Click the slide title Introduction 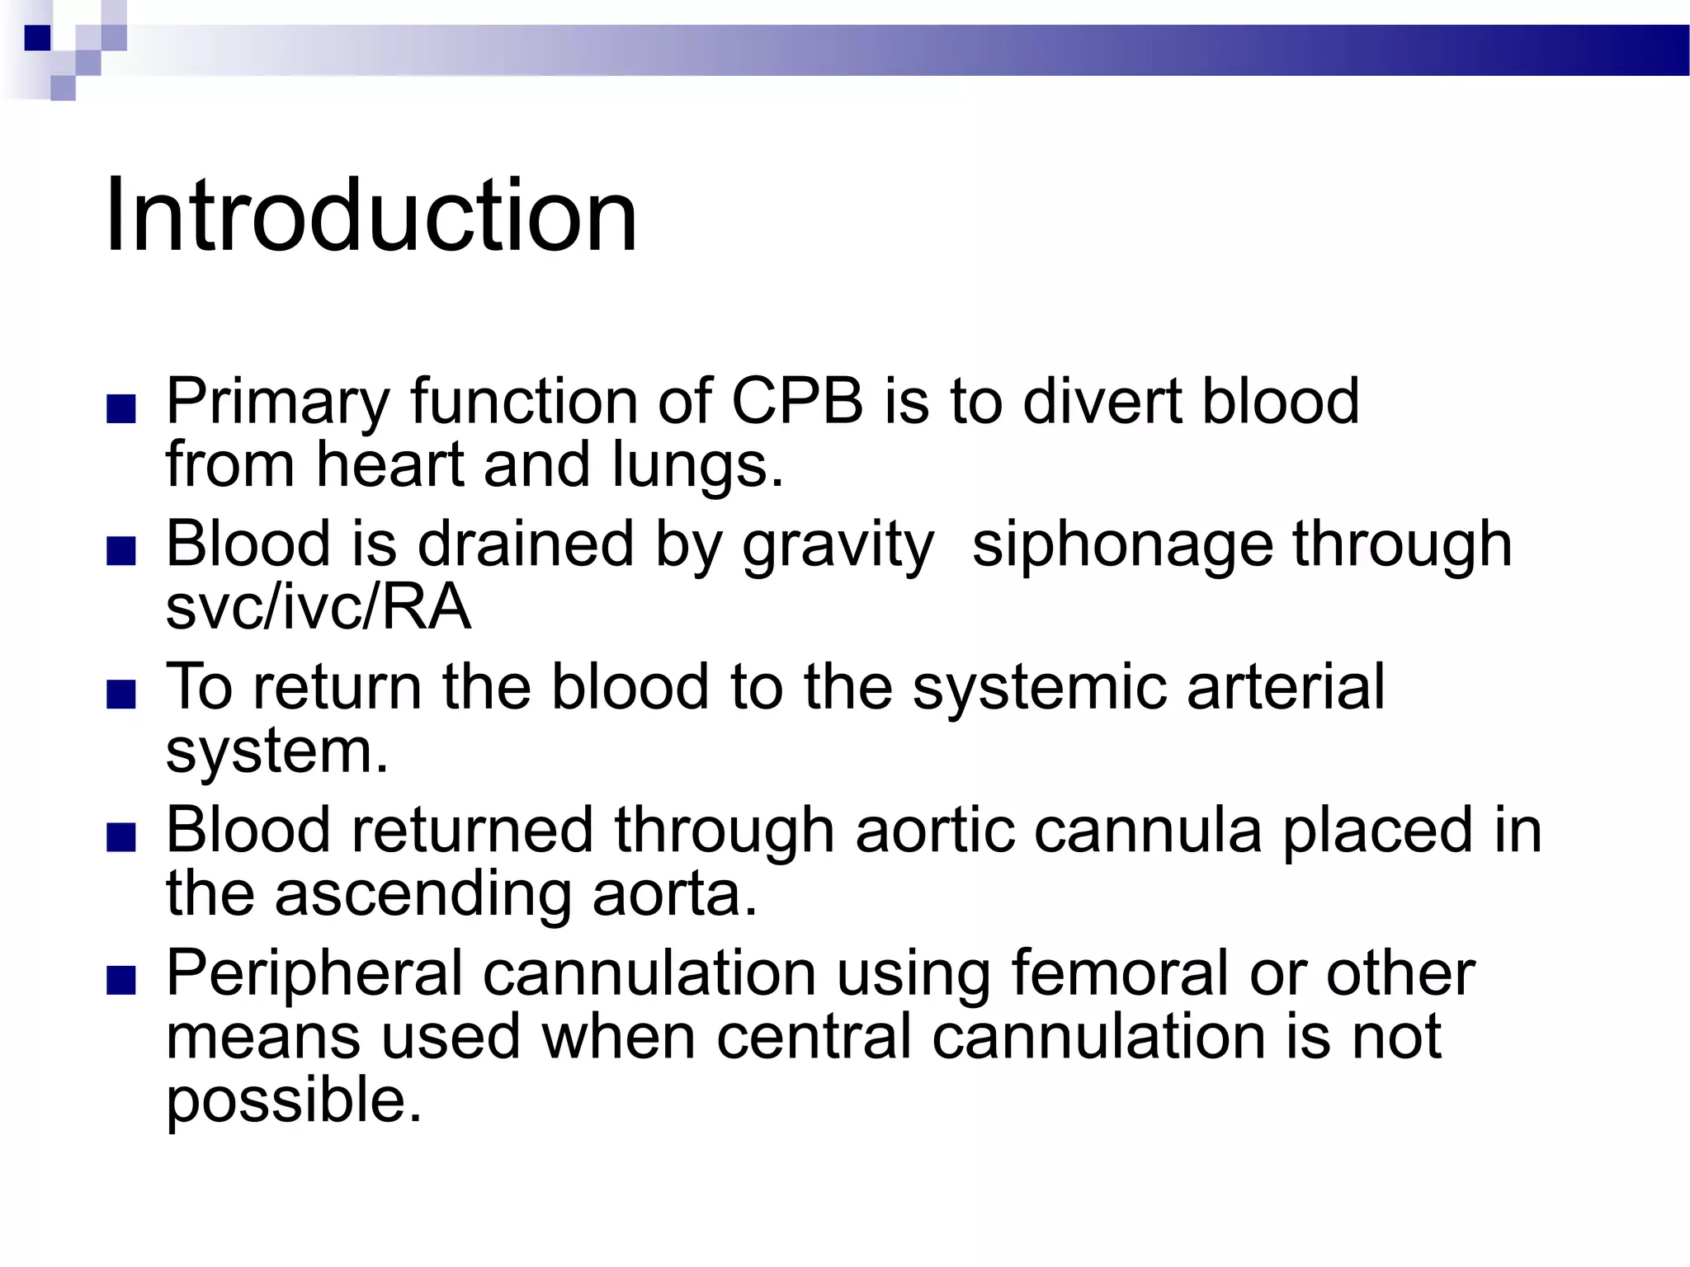[x=371, y=216]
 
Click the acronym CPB [x=797, y=402]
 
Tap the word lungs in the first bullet [x=697, y=466]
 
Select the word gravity [x=838, y=546]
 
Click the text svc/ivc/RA [x=318, y=607]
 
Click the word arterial [x=1286, y=687]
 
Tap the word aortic [x=935, y=831]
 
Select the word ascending [x=423, y=894]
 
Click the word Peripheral [x=314, y=974]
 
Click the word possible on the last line [x=294, y=1101]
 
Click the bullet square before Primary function [x=121, y=409]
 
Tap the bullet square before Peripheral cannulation [x=121, y=982]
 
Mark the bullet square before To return [x=121, y=695]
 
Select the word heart [x=389, y=466]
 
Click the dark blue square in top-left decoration [x=37, y=38]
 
